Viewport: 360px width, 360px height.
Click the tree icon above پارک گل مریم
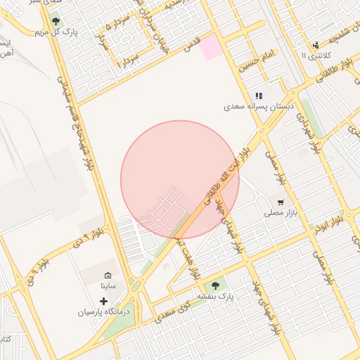(55, 22)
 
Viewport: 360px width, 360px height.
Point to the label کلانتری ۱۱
(314, 55)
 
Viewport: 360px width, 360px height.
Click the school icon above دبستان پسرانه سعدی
(259, 96)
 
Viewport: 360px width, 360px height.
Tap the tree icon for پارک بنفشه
(215, 285)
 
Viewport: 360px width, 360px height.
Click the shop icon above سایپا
(108, 275)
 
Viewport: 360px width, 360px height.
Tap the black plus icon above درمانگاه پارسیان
(104, 301)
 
